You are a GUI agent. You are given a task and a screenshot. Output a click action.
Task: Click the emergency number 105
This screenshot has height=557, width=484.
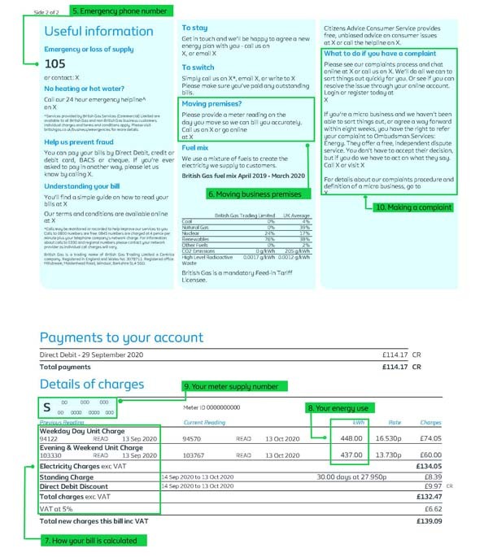coord(55,63)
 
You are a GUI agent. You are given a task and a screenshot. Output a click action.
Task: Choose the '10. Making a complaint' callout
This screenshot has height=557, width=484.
coord(413,207)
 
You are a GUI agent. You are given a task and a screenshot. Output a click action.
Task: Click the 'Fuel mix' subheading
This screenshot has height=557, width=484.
coord(195,148)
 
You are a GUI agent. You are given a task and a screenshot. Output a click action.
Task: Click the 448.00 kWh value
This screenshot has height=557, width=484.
coord(351,437)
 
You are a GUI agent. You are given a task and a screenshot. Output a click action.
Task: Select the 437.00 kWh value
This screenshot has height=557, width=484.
coord(351,455)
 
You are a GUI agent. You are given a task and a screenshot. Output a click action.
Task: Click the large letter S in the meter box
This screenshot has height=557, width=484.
coord(46,407)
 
